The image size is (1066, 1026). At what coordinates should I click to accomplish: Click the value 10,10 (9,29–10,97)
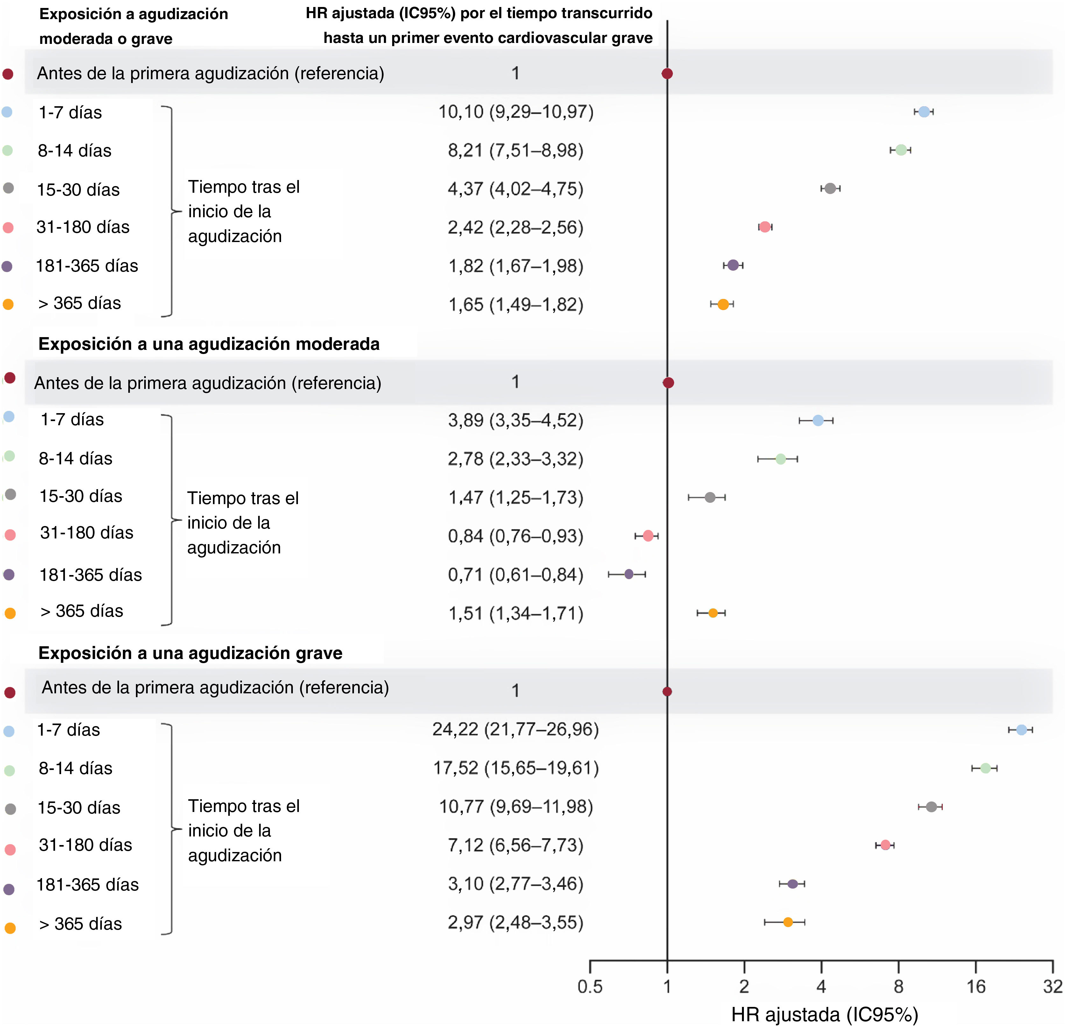[x=516, y=112]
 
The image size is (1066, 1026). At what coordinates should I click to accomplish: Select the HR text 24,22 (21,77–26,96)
[x=516, y=729]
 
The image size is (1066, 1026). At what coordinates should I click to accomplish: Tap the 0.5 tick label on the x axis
[x=590, y=986]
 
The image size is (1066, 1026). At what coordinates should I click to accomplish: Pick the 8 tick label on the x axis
[x=899, y=986]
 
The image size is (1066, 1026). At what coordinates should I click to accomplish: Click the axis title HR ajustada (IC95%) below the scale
[x=824, y=1014]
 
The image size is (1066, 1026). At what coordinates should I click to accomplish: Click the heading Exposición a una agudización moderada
[x=209, y=344]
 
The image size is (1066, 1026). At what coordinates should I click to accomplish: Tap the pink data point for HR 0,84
[x=648, y=536]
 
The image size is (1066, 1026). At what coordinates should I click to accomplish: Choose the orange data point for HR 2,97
[x=787, y=922]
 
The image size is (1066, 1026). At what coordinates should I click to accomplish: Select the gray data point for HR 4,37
[x=830, y=189]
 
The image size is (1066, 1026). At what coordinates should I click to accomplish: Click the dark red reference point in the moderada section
[x=668, y=383]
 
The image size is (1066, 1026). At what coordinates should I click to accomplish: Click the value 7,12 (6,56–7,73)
[x=516, y=845]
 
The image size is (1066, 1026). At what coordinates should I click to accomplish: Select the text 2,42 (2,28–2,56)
[x=516, y=227]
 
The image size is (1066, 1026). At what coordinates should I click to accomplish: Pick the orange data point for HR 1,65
[x=723, y=304]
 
